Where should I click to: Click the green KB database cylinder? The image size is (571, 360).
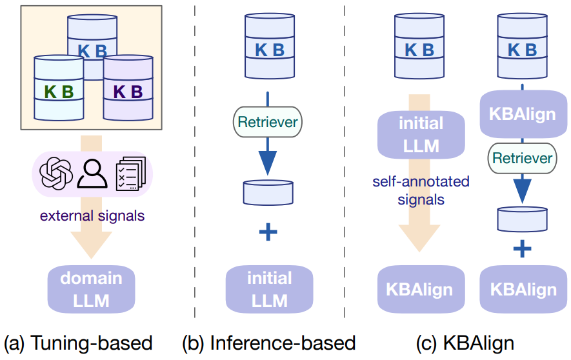59,90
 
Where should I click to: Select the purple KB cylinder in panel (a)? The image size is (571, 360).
128,90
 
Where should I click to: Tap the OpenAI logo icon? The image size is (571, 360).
56,172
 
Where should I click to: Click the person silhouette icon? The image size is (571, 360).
92,172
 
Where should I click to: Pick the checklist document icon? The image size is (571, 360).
130,172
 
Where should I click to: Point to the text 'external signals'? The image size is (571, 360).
92,215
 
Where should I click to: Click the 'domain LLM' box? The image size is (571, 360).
91,289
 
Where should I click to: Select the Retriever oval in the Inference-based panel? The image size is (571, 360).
269,121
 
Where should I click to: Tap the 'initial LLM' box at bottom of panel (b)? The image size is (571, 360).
269,289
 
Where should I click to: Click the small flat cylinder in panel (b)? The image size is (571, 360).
268,192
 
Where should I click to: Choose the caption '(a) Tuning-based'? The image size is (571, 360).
78,343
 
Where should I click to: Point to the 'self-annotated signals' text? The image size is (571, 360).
421,190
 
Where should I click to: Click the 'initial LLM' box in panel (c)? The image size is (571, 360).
421,135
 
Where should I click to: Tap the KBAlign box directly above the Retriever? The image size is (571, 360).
523,114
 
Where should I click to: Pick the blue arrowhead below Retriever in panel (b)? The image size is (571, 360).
268,159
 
